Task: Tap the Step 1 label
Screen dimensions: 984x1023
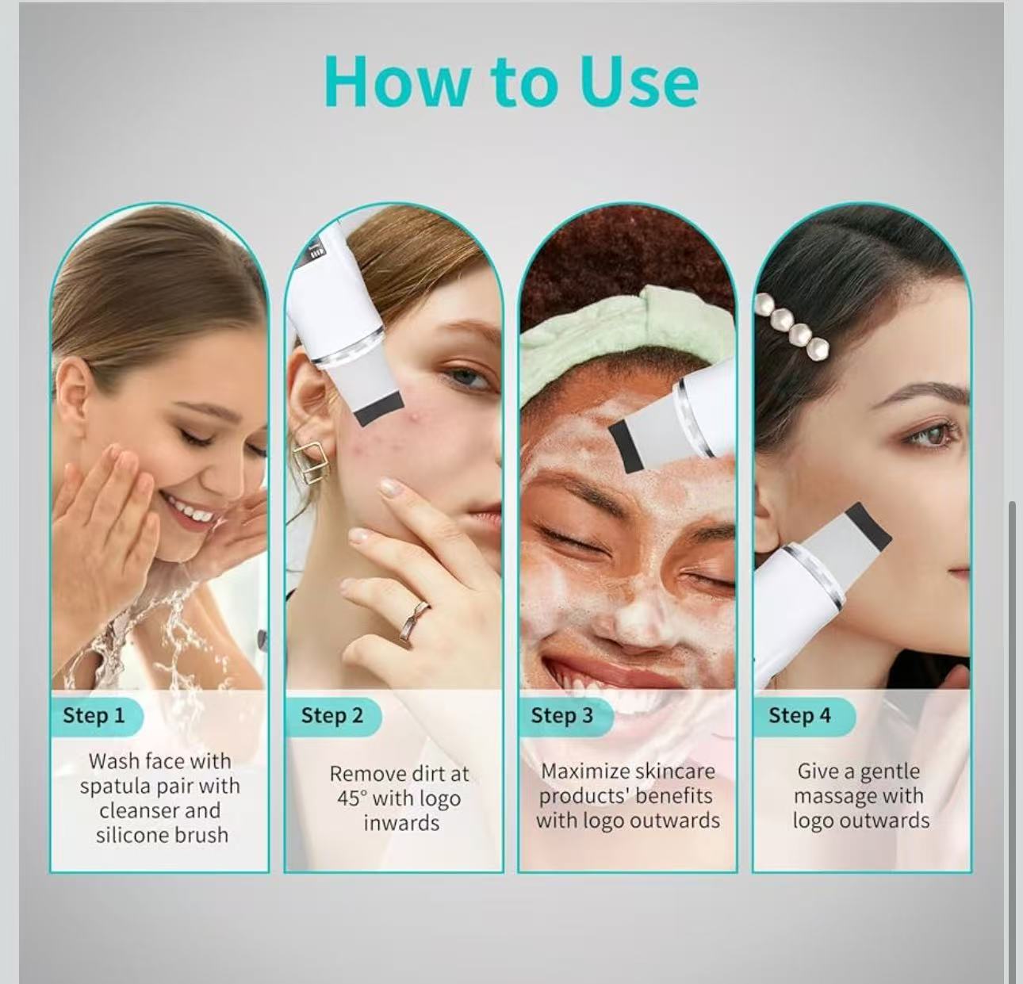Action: [x=94, y=715]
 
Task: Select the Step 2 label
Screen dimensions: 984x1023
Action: [x=331, y=715]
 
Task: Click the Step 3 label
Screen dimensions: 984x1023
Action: [x=561, y=715]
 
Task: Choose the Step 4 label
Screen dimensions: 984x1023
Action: [x=799, y=715]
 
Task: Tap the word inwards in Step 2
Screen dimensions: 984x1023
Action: [x=401, y=823]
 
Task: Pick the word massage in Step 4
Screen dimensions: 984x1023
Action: [x=835, y=796]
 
